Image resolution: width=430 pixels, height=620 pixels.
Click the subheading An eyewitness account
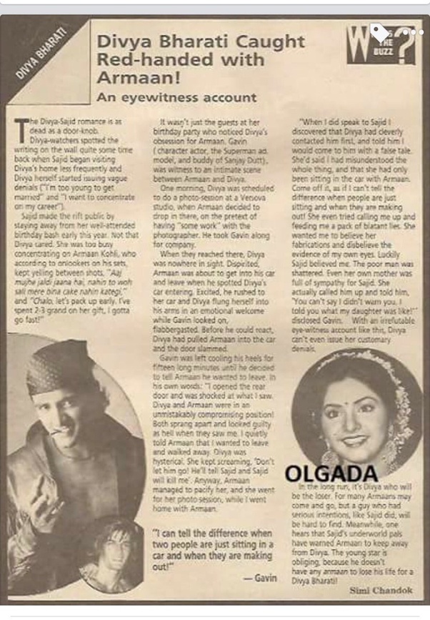(176, 97)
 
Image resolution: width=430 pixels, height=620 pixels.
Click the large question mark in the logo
(404, 49)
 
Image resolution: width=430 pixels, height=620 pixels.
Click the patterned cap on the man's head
(59, 364)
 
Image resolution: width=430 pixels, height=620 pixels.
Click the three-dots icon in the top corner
(414, 32)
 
